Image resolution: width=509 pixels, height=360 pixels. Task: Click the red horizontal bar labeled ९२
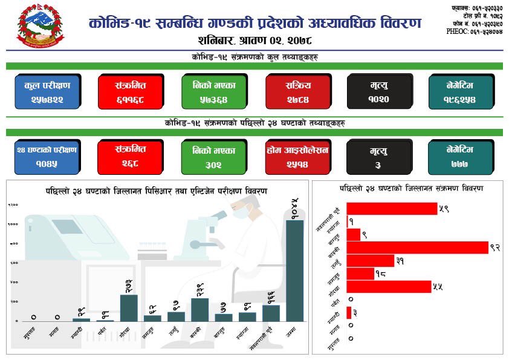(x=417, y=247)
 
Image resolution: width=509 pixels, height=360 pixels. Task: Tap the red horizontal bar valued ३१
(x=371, y=261)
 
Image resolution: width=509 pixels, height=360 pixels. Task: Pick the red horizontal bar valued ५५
(x=389, y=287)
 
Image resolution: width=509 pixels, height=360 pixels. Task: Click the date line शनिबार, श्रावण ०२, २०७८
(x=254, y=41)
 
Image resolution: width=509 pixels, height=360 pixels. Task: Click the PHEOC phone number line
(x=474, y=31)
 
